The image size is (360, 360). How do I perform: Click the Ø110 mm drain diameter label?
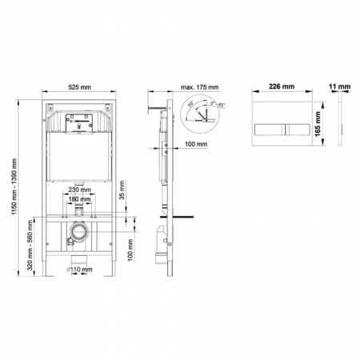[x=78, y=270]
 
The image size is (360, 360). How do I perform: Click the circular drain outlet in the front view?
[x=77, y=236]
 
